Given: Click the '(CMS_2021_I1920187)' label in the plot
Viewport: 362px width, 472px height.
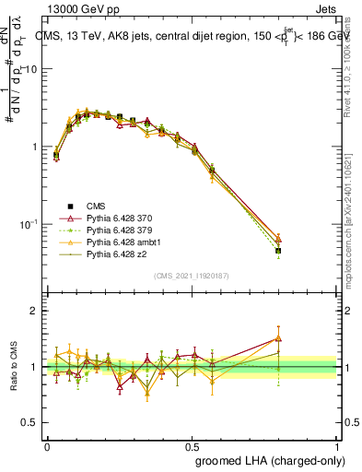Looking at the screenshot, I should click(190, 275).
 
